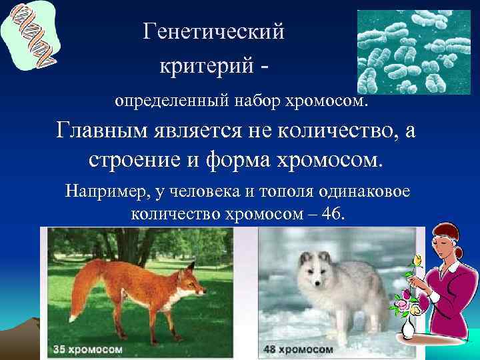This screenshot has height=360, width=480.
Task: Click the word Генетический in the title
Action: pos(213,31)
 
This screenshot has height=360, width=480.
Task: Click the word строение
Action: pos(134,161)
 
